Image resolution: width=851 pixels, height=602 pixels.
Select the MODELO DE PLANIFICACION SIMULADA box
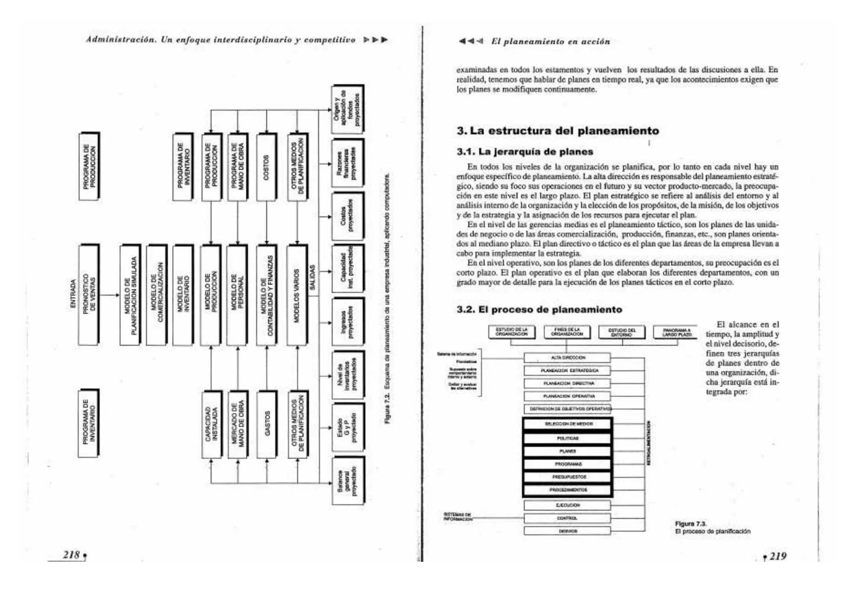(x=130, y=294)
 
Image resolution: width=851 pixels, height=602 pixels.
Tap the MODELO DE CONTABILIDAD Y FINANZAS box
(x=266, y=294)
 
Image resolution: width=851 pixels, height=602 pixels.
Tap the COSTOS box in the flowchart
(x=266, y=167)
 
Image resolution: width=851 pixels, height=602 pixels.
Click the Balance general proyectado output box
(x=348, y=480)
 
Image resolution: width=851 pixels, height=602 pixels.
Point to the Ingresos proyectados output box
(x=348, y=322)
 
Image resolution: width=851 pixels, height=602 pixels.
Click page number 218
(x=71, y=555)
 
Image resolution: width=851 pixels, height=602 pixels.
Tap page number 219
(x=777, y=556)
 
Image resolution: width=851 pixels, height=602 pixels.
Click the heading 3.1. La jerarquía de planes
(x=525, y=152)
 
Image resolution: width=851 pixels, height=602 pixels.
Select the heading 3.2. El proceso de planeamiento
(x=539, y=309)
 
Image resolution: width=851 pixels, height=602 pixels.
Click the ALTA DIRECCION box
(x=567, y=358)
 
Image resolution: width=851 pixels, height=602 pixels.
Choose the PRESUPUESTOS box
(x=567, y=477)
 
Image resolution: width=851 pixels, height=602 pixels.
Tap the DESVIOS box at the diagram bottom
(x=567, y=531)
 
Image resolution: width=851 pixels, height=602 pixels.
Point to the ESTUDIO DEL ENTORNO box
(x=621, y=333)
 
